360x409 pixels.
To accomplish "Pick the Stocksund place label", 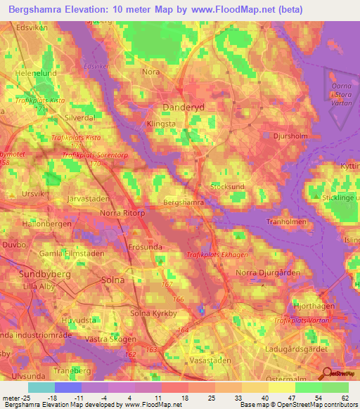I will pyautogui.click(x=227, y=188).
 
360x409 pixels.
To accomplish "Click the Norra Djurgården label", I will pyautogui.click(x=268, y=272).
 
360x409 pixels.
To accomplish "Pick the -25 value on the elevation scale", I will pyautogui.click(x=15, y=398).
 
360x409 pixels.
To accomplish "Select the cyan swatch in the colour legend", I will pyautogui.click(x=41, y=387).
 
